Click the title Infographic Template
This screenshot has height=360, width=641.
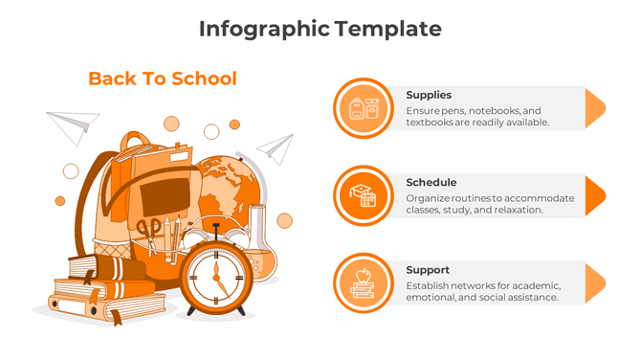(x=320, y=29)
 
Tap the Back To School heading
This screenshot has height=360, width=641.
(x=162, y=79)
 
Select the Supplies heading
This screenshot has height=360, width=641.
(x=428, y=95)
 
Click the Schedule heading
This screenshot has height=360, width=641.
(x=431, y=182)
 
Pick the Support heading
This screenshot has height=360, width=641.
(x=427, y=270)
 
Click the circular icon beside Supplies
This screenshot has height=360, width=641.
(x=364, y=107)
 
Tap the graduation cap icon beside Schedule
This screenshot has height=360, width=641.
(x=364, y=195)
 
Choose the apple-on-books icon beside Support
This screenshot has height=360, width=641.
(x=364, y=282)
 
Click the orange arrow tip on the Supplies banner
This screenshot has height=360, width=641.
(x=594, y=107)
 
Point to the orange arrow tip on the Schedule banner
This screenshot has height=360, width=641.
(x=594, y=195)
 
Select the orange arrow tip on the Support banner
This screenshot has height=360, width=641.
(x=594, y=283)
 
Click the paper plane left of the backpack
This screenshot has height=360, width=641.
(x=75, y=124)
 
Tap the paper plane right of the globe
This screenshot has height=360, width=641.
(x=276, y=147)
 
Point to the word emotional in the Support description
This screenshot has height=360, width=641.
(x=432, y=298)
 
